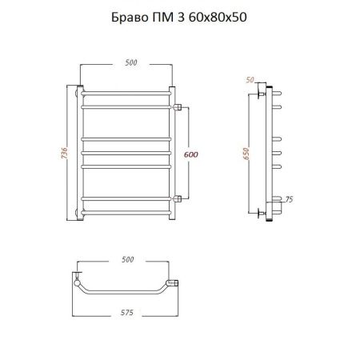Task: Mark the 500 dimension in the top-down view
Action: tap(126, 260)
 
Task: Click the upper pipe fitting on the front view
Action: tap(180, 106)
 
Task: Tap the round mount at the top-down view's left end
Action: tap(76, 282)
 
